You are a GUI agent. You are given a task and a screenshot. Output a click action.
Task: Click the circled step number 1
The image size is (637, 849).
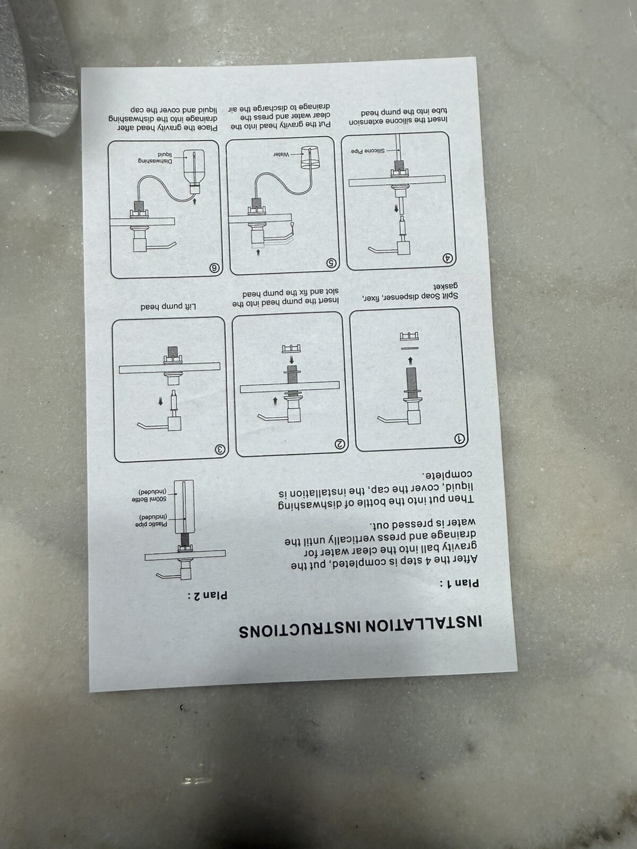tap(460, 438)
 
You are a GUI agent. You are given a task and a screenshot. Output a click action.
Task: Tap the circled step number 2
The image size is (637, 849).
tap(340, 444)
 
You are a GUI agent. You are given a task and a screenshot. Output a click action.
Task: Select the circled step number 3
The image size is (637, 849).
tap(220, 449)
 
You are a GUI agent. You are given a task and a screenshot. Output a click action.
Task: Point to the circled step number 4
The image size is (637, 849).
tap(448, 257)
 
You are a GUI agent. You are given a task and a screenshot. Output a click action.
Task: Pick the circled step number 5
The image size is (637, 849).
tap(331, 263)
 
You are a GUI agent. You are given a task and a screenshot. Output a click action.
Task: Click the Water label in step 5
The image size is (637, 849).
tap(281, 154)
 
